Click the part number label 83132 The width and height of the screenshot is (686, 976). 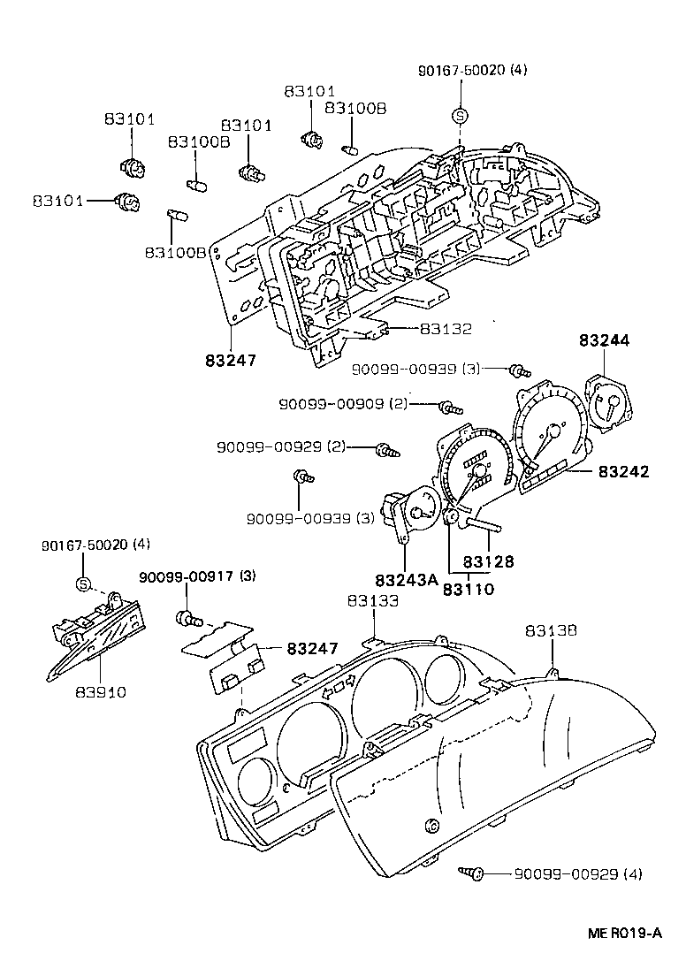[x=446, y=329]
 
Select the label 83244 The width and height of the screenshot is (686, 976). [x=606, y=339]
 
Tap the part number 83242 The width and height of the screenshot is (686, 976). [x=623, y=472]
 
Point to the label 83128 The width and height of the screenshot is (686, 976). [x=488, y=560]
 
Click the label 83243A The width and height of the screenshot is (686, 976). [x=406, y=581]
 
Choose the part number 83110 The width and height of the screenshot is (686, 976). [x=469, y=589]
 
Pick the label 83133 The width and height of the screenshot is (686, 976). [x=372, y=600]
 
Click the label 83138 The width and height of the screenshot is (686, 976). [x=551, y=631]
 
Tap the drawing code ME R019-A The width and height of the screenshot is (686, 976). [x=624, y=933]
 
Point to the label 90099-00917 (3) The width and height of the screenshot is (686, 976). [x=197, y=577]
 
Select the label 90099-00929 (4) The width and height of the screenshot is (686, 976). [x=578, y=874]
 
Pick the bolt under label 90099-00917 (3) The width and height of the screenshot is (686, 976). [x=187, y=615]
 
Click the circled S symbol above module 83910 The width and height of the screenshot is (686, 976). [x=83, y=584]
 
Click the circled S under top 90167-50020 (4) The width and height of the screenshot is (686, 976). [x=459, y=114]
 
